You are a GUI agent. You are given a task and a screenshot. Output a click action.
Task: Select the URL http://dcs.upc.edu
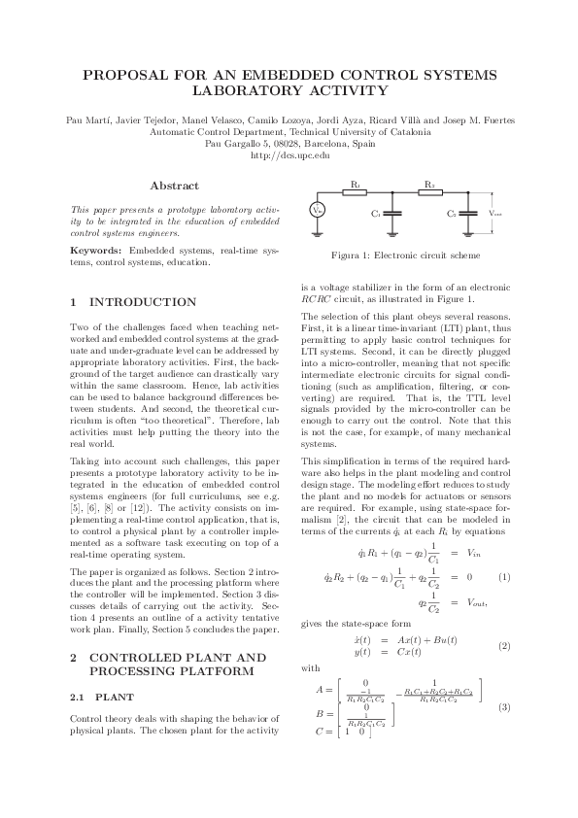289,154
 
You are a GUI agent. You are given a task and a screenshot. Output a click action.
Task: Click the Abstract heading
175,186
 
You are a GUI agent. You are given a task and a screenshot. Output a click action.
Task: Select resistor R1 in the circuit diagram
356,191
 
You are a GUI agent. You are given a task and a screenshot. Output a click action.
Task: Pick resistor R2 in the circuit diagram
428,191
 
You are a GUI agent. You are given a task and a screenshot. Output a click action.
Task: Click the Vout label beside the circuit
495,213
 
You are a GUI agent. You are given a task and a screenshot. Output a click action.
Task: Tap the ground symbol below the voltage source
317,232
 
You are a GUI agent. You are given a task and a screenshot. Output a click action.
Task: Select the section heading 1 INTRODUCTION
134,303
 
